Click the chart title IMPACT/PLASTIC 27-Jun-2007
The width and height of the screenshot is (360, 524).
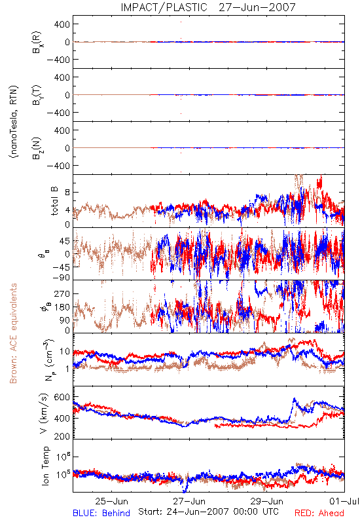(208, 7)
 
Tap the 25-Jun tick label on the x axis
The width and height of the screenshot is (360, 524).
(111, 501)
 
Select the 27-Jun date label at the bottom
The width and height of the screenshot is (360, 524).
(189, 501)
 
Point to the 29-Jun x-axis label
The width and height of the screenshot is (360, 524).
(267, 501)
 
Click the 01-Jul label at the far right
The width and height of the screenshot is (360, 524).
(344, 501)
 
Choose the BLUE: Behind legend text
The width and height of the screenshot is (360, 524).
(101, 513)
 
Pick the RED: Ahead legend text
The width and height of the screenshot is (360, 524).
(319, 513)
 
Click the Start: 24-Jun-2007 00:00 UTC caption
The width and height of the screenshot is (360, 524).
(208, 512)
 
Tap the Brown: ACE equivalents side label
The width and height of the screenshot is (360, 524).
(13, 333)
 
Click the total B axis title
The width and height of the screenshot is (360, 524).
(54, 201)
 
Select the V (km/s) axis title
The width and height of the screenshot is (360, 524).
(44, 413)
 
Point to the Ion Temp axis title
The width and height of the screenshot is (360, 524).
(45, 466)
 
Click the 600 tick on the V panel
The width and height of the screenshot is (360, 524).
(62, 398)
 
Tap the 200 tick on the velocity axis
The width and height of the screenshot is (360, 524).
(62, 436)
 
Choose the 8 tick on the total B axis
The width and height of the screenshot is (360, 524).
(67, 193)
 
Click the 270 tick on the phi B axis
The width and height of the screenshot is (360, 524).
(62, 294)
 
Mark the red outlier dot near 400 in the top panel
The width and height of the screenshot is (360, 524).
(181, 22)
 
